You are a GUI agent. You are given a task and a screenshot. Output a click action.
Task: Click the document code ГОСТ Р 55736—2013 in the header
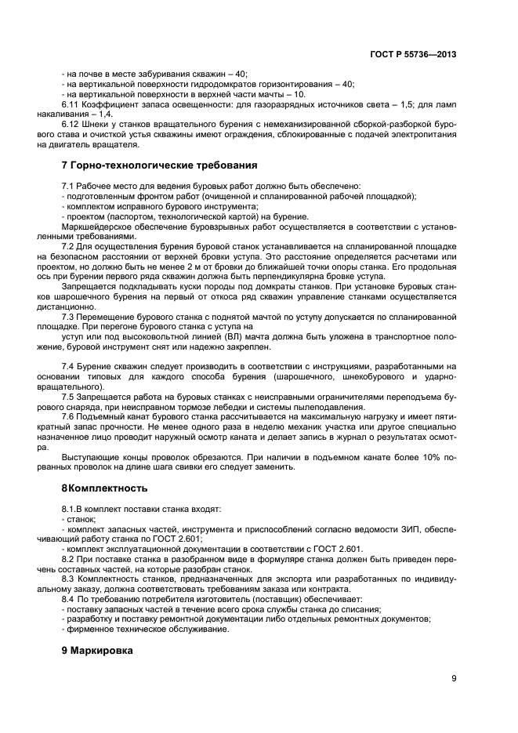pos(412,54)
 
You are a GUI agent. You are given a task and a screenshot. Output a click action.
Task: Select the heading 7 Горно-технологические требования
pos(159,165)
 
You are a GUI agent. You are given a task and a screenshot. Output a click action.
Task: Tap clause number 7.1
pos(67,185)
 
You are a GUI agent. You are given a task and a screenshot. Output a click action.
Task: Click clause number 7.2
pos(67,246)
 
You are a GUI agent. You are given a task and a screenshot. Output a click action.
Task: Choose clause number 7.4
pos(67,367)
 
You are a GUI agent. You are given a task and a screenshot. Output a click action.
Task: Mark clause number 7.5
pos(67,397)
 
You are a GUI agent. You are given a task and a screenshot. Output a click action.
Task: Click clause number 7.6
pos(67,417)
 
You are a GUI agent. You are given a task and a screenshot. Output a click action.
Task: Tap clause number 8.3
pos(67,579)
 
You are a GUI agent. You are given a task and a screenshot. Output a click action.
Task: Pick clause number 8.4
pos(67,599)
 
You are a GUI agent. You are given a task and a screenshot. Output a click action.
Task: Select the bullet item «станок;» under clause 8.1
pos(81,518)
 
